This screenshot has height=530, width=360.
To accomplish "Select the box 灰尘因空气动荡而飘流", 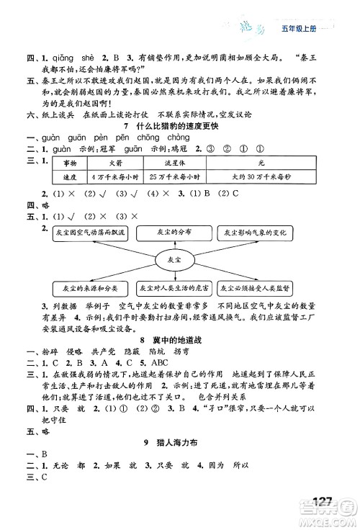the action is pos(90,233).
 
